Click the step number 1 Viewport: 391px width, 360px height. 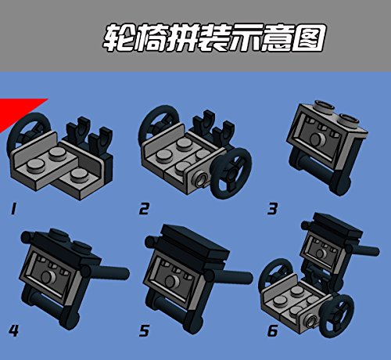click(x=13, y=209)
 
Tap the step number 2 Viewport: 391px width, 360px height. click(x=144, y=209)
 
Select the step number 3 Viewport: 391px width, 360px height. click(x=272, y=209)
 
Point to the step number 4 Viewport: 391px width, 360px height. click(x=13, y=331)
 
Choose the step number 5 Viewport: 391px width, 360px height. click(x=144, y=331)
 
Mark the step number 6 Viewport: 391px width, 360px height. click(x=273, y=331)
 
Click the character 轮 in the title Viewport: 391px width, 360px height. click(x=119, y=38)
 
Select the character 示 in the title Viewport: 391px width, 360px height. click(x=244, y=38)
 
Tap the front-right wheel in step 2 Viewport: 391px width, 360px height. click(x=231, y=173)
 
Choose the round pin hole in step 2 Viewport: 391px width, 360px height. click(x=201, y=180)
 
